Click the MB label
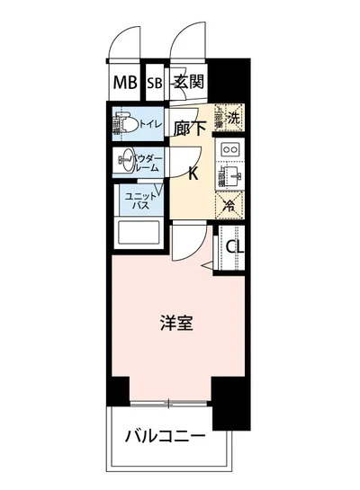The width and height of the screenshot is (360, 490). [125, 84]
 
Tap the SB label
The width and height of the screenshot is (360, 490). [153, 84]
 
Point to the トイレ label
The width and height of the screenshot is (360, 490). [150, 122]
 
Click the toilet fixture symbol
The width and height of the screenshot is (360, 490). [124, 123]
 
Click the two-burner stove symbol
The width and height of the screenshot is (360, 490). [229, 148]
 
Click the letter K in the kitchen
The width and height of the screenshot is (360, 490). [193, 174]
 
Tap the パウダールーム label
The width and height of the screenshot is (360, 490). [148, 162]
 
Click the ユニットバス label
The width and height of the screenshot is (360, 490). [140, 200]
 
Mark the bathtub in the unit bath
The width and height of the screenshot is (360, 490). [138, 236]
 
